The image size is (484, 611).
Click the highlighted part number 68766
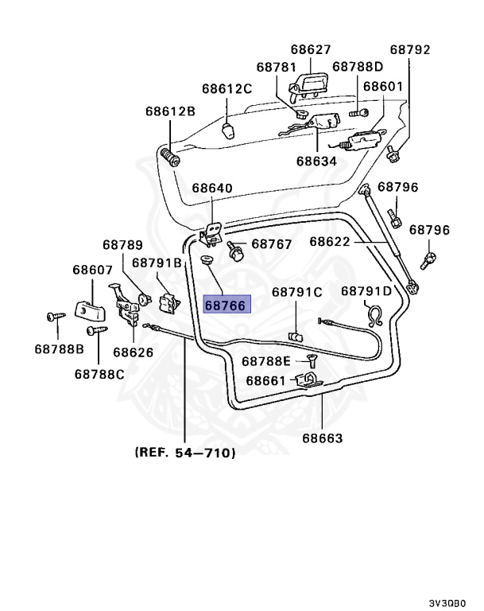pos(227,305)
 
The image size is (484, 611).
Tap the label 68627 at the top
pos(311,49)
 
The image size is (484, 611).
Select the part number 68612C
pos(227,89)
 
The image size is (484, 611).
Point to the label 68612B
pos(170,111)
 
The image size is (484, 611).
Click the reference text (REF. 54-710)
pos(185,453)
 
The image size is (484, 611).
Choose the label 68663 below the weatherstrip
pos(323,438)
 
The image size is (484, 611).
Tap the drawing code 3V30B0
pos(447,603)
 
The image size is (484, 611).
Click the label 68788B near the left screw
pos(59,348)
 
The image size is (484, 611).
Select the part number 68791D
pos(366,291)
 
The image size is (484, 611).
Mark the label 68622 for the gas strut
pos(330,242)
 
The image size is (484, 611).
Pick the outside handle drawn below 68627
pos(305,87)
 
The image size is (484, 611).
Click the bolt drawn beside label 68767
pos(235,251)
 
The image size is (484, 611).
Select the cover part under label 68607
pos(91,309)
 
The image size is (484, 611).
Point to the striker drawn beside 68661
pos(309,380)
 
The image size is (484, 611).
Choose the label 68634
pos(316,162)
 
